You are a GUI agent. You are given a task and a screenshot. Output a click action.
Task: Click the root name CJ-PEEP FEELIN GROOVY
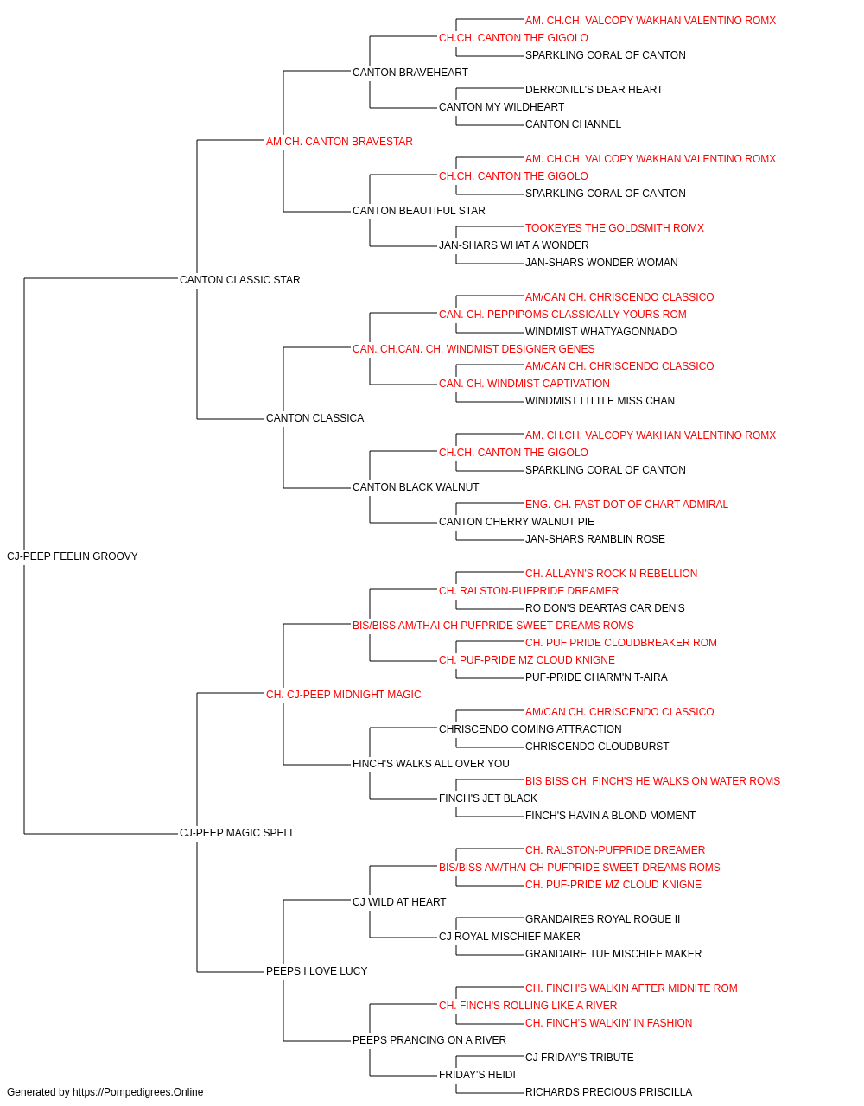73,556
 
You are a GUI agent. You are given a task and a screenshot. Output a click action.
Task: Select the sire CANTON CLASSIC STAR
239,280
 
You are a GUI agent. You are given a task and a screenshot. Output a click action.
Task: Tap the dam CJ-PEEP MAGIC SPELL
237,833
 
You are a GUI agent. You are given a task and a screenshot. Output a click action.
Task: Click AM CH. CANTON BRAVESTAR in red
339,142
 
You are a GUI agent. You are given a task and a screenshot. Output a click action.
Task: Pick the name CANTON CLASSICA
314,418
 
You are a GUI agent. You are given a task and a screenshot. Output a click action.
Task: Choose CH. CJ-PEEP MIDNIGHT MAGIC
344,694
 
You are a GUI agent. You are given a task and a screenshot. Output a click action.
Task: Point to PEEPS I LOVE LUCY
316,971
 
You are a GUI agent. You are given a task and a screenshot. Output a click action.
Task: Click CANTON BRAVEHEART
410,73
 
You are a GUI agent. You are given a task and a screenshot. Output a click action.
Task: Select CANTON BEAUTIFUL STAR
419,211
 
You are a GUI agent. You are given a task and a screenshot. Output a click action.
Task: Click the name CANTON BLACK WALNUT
416,487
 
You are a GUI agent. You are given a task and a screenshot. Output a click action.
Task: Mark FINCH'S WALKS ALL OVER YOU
430,764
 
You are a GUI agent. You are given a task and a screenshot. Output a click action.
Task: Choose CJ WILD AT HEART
399,902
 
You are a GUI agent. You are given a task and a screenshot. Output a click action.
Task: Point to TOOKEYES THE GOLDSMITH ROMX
614,228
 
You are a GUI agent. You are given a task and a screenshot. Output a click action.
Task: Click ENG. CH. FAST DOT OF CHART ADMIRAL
626,505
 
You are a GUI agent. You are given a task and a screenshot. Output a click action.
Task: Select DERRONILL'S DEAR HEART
594,90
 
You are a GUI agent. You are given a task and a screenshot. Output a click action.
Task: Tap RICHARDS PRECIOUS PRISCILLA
608,1092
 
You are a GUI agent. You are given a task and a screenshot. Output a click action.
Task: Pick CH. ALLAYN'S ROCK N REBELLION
611,574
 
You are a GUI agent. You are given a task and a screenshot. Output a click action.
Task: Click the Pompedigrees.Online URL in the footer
137,1092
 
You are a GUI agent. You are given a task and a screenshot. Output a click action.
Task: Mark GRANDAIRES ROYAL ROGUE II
602,919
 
